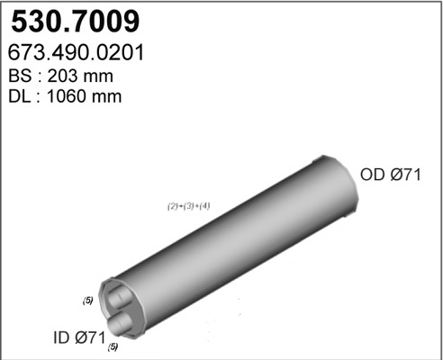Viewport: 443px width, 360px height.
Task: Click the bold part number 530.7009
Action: tap(76, 22)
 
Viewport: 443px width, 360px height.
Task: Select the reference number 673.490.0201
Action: tap(76, 52)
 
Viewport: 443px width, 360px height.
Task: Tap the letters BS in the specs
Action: tap(20, 76)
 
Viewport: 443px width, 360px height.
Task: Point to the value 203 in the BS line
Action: tap(62, 76)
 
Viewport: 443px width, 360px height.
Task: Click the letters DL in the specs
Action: tap(19, 96)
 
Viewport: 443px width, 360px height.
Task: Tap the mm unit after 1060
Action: tap(106, 98)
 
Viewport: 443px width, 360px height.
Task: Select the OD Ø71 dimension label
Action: tap(391, 175)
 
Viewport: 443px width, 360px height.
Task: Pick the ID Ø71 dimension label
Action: tap(79, 337)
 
